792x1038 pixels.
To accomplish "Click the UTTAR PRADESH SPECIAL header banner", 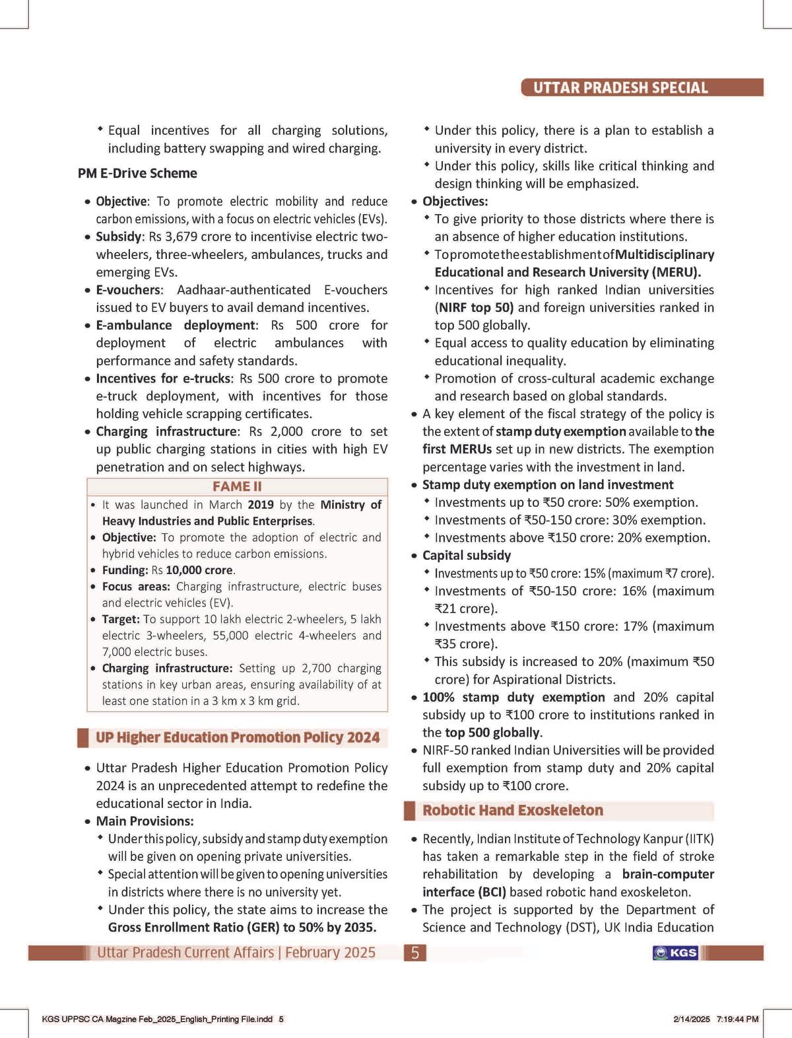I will click(620, 88).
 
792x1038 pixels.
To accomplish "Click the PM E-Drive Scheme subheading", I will click(137, 173).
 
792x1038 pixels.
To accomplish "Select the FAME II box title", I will click(237, 486).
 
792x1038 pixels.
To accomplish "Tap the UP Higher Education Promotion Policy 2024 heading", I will click(238, 737).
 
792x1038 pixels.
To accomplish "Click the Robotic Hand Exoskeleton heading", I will click(513, 810).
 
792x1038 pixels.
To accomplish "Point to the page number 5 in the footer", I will click(414, 953).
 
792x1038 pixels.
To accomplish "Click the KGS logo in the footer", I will click(675, 953).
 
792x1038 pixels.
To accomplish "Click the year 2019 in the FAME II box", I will click(261, 505).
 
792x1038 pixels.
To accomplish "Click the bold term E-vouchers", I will click(128, 289).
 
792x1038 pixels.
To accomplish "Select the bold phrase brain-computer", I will click(668, 874).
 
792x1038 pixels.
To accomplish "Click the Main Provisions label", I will click(145, 821).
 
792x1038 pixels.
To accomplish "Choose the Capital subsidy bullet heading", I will click(467, 556).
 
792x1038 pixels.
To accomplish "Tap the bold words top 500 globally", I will click(492, 732).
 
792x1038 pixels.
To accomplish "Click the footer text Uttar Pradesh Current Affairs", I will click(185, 953).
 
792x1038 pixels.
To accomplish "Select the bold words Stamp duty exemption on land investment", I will click(539, 484).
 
